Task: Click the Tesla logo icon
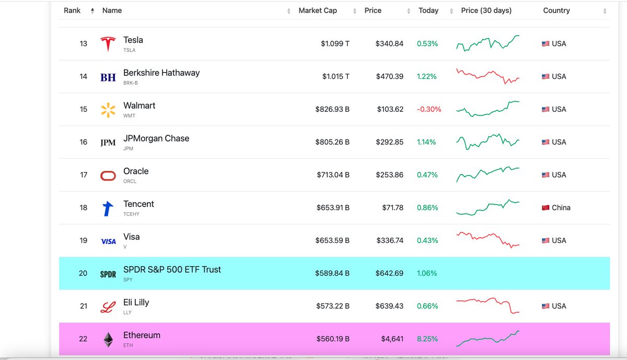tap(108, 44)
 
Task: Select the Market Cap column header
tap(317, 10)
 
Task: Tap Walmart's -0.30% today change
tap(429, 109)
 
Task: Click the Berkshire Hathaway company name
tap(161, 73)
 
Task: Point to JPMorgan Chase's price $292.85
tap(389, 142)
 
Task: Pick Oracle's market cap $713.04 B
tap(333, 175)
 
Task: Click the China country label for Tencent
tap(561, 207)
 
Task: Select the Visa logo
tap(108, 241)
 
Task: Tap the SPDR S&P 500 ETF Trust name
tap(172, 270)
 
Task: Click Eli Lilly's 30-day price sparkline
tap(487, 306)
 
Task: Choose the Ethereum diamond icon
tap(108, 340)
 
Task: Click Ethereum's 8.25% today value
tap(427, 339)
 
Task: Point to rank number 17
tap(84, 175)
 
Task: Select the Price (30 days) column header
tap(486, 10)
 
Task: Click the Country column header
tap(556, 10)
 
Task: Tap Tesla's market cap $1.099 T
tap(335, 44)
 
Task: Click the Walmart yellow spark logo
tap(108, 110)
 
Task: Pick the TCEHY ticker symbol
tap(131, 214)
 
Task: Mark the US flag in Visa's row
tap(545, 241)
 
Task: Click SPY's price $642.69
tap(389, 273)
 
